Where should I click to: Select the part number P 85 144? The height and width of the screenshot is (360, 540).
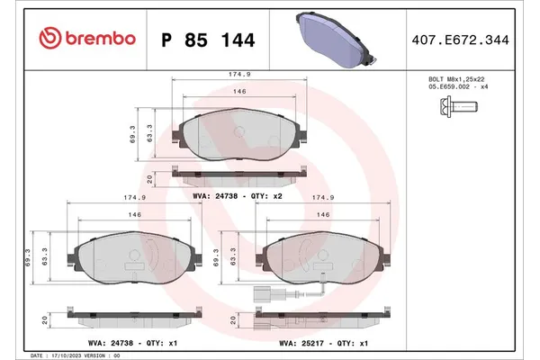(206, 40)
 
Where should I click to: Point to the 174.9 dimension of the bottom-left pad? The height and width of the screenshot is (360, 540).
(129, 195)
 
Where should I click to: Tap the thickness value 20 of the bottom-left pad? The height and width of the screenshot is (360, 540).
(45, 319)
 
